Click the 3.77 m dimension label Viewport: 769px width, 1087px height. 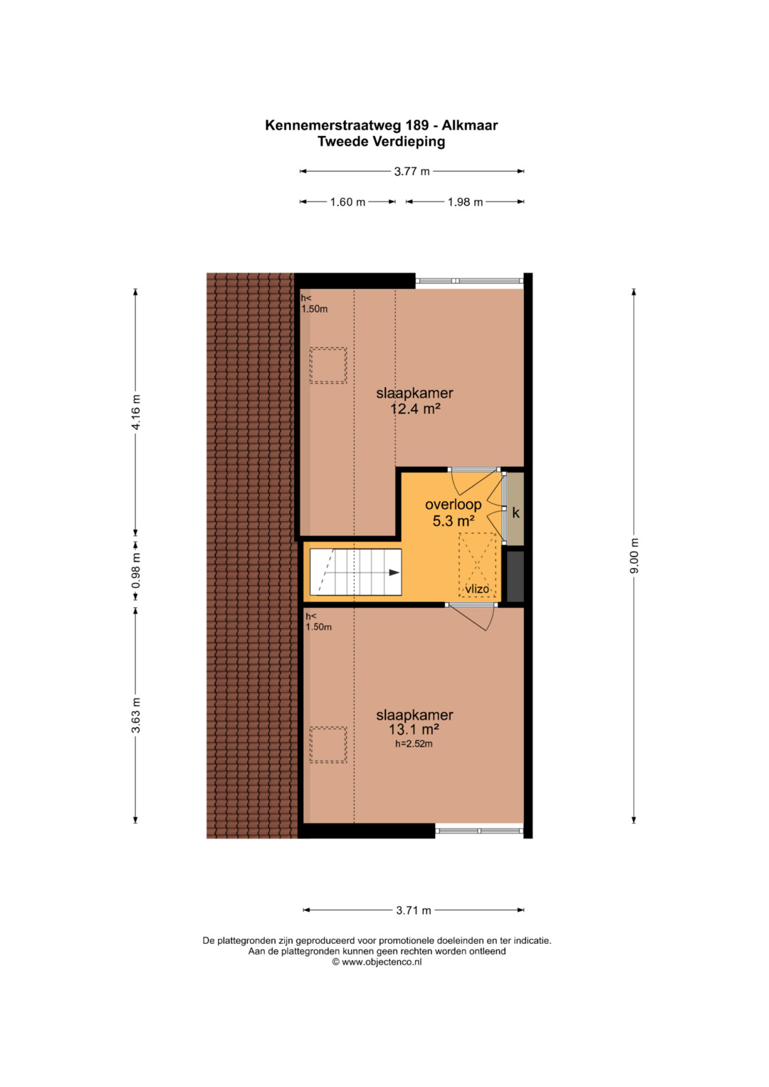pos(412,172)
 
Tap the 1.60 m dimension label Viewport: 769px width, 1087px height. pos(347,202)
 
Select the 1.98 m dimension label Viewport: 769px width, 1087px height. pos(465,202)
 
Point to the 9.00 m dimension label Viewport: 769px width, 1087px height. pos(634,556)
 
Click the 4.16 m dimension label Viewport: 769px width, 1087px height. pos(136,412)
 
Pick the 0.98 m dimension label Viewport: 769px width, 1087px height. pos(136,571)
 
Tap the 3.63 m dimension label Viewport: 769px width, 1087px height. pos(136,715)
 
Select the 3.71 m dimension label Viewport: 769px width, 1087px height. pos(414,910)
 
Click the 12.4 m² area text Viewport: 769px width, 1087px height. pos(415,409)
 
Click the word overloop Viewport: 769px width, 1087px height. pos(454,505)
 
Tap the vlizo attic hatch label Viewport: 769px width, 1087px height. pos(477,589)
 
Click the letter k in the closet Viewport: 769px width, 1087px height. pos(516,513)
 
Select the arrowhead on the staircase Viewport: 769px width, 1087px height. pos(394,572)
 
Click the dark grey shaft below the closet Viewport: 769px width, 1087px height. pos(516,577)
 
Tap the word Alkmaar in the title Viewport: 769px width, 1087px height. pos(469,125)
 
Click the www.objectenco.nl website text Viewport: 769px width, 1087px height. pos(382,962)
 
